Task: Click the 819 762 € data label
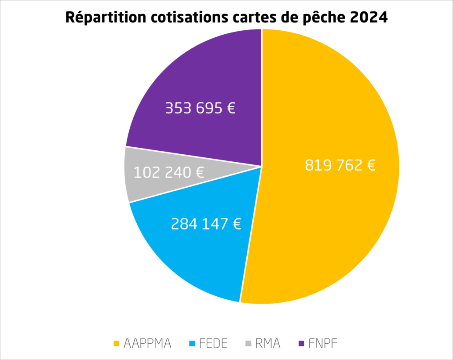(x=340, y=166)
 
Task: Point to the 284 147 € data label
(x=206, y=224)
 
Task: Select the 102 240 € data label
(x=169, y=172)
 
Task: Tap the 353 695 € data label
(x=200, y=108)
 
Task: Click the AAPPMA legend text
(x=147, y=343)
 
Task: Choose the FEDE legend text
(x=212, y=343)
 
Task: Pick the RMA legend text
(x=267, y=343)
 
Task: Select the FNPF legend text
(x=323, y=343)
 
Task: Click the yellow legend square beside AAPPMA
(x=117, y=343)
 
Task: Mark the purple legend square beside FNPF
(x=301, y=343)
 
